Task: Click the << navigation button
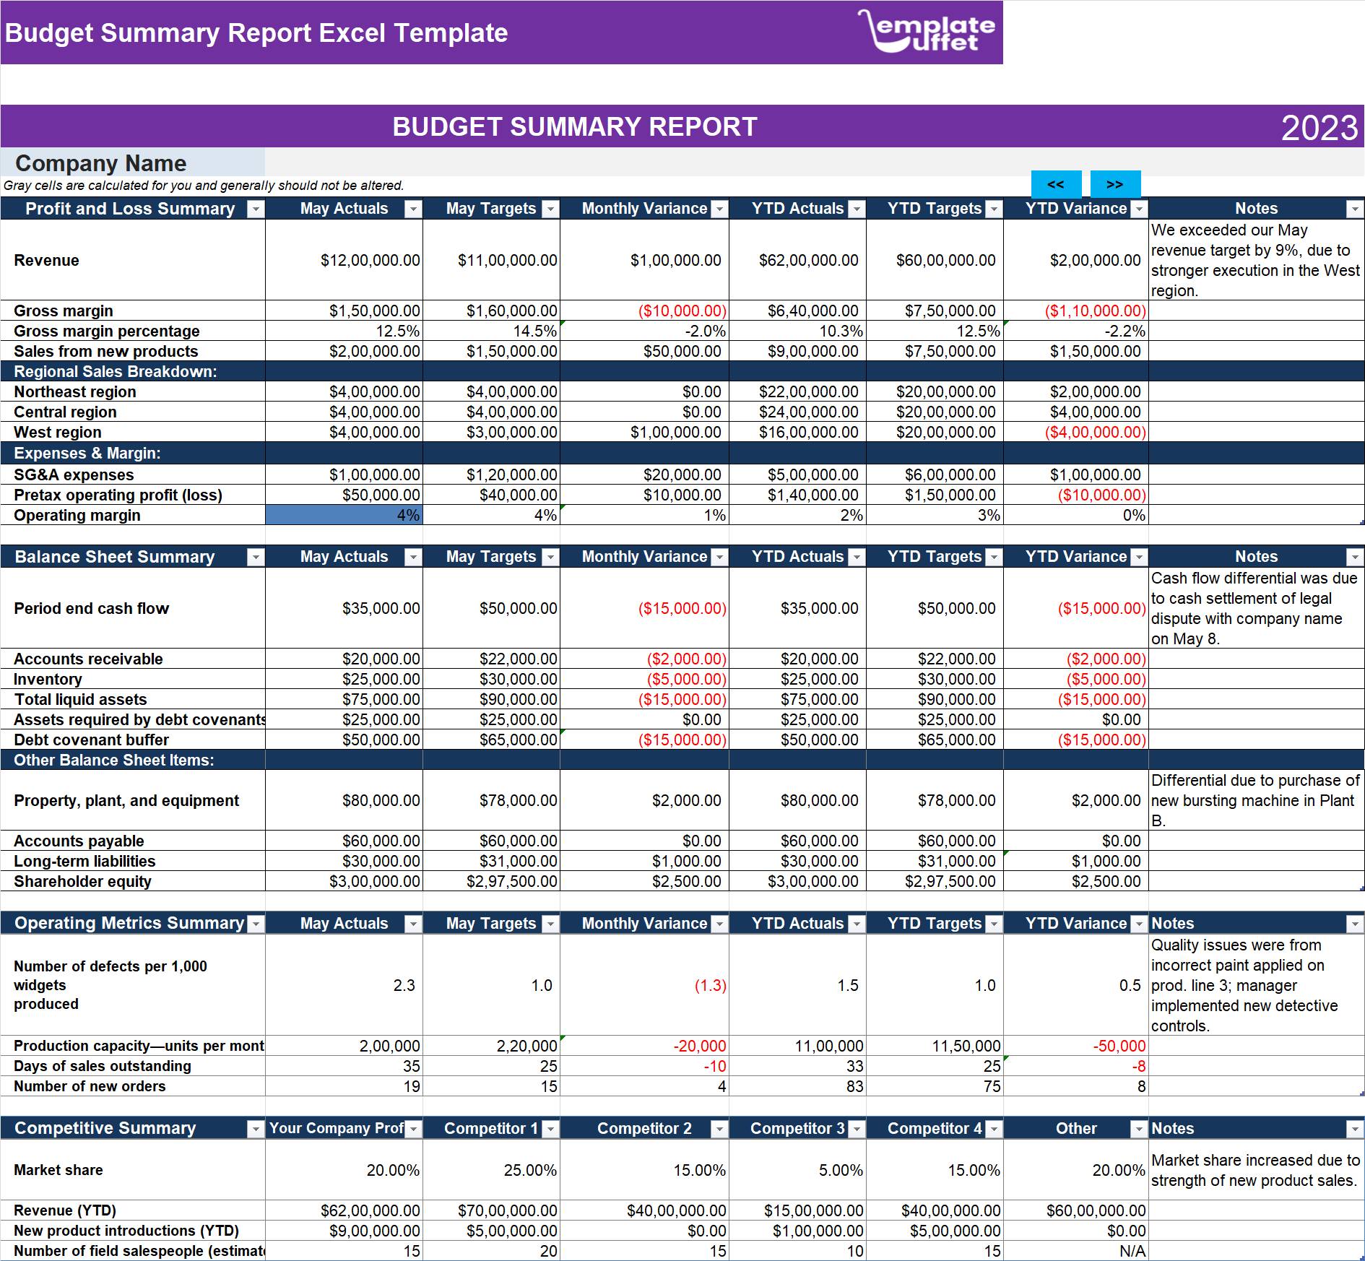(1056, 184)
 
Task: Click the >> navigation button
(1115, 184)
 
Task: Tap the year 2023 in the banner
(1319, 128)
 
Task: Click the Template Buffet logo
(926, 31)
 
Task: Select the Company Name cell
(133, 162)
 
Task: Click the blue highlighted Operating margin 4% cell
(344, 515)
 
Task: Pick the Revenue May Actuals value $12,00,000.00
(370, 260)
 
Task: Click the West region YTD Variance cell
(1095, 432)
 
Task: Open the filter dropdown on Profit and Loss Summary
(256, 209)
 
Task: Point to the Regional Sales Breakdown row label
(116, 371)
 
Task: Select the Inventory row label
(48, 679)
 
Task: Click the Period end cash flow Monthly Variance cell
(682, 608)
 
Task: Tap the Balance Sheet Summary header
(115, 557)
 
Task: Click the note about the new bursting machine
(1255, 800)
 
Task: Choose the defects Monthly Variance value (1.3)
(710, 985)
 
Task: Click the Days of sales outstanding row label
(103, 1066)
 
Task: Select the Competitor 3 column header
(797, 1128)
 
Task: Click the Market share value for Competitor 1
(530, 1170)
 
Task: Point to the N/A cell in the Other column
(1132, 1251)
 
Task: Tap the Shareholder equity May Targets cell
(511, 881)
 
